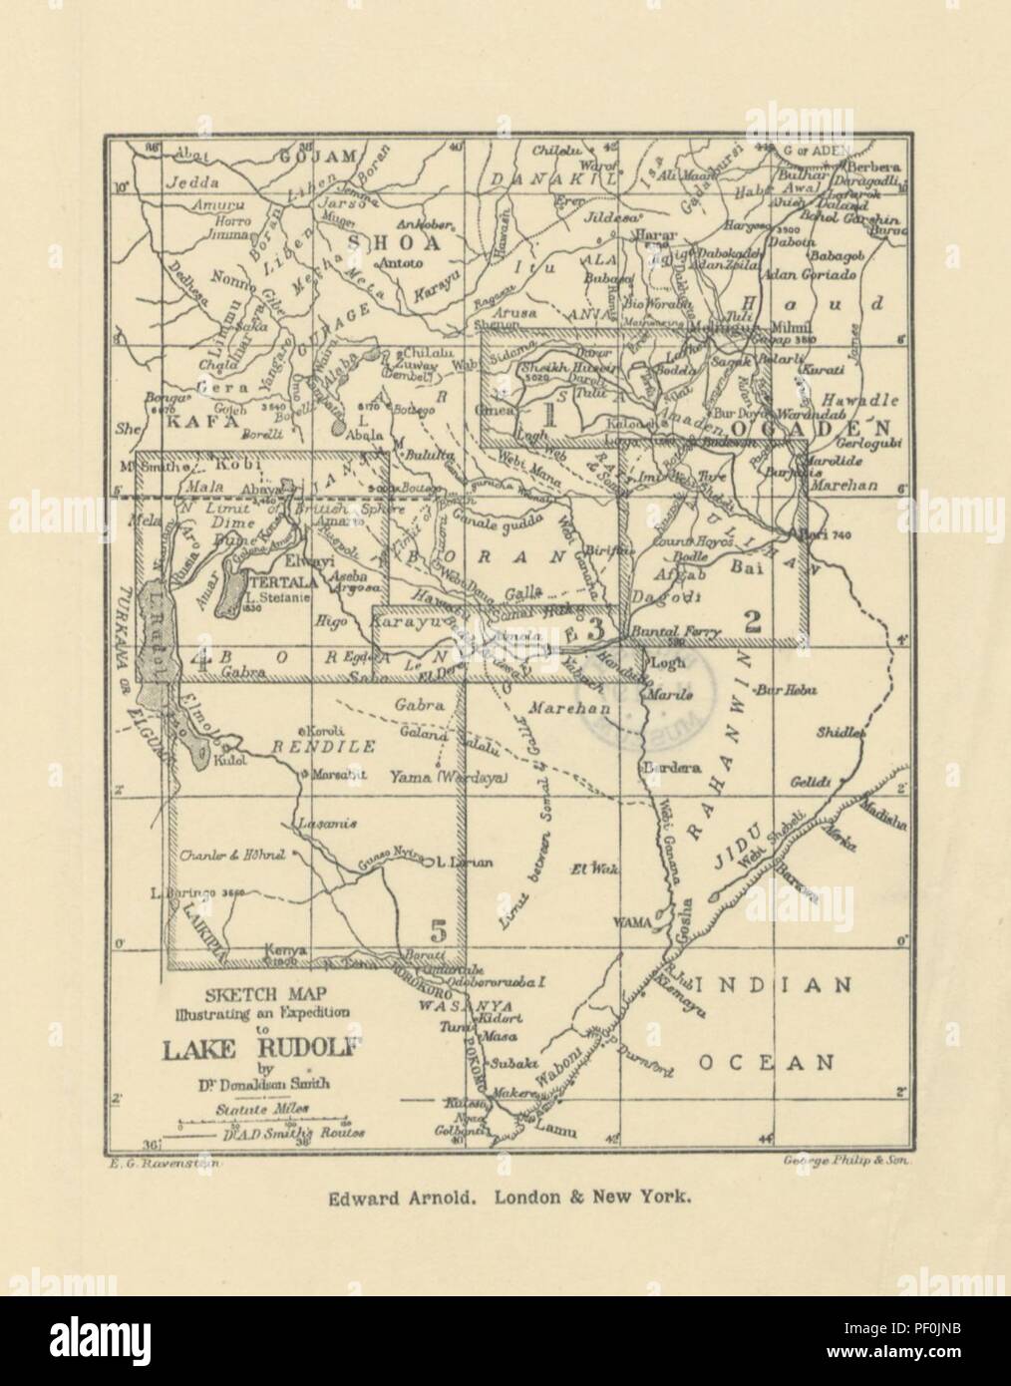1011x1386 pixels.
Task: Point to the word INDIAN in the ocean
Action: click(773, 985)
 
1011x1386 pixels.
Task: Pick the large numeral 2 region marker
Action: click(754, 622)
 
